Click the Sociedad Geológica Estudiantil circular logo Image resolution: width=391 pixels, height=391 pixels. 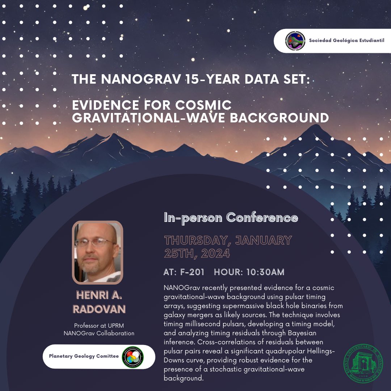coord(295,41)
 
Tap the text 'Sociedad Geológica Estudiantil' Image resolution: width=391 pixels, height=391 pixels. coord(346,41)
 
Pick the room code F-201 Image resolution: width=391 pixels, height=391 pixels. coord(192,272)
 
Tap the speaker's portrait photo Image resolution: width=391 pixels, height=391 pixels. coord(98,252)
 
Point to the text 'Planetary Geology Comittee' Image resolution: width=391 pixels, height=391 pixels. coord(84,356)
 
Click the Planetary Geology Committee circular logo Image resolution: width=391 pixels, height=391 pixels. coord(133,357)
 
